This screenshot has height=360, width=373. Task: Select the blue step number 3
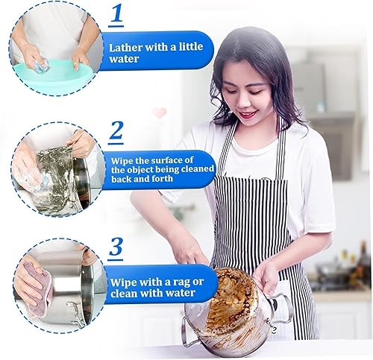click(116, 247)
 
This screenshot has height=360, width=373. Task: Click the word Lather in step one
click(125, 47)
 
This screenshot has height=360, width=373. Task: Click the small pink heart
click(160, 113)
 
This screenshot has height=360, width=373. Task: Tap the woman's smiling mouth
click(246, 114)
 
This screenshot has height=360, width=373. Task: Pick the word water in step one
click(124, 59)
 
